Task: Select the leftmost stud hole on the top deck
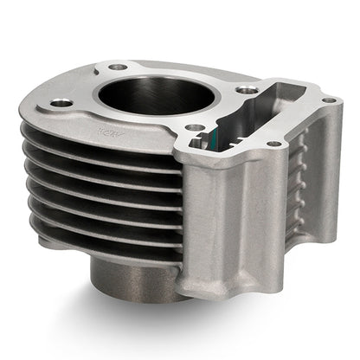pyautogui.click(x=61, y=103)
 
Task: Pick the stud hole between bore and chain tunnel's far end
pyautogui.click(x=248, y=88)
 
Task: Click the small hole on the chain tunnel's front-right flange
pyautogui.click(x=274, y=143)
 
